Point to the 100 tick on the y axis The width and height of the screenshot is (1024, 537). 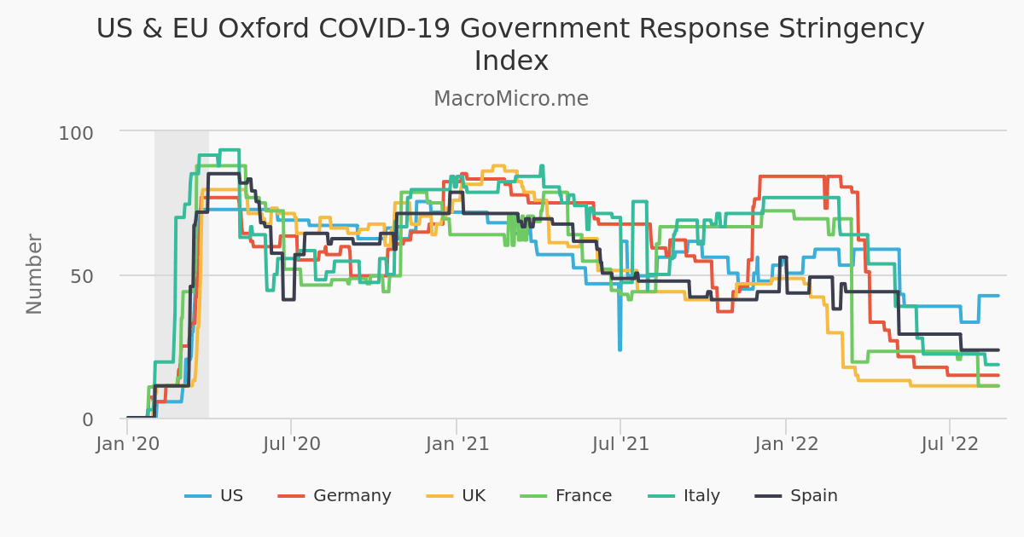76,133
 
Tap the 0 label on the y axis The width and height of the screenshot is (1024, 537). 88,419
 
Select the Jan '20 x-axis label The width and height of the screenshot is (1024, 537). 127,444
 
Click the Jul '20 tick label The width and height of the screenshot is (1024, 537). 291,444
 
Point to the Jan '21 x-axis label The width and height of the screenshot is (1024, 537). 457,444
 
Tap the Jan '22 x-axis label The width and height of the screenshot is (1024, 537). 786,444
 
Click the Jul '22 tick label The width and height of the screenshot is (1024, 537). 950,444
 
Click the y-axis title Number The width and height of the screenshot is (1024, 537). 34,274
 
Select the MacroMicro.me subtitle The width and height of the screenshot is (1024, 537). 511,99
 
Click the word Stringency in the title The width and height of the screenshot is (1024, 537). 840,29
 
